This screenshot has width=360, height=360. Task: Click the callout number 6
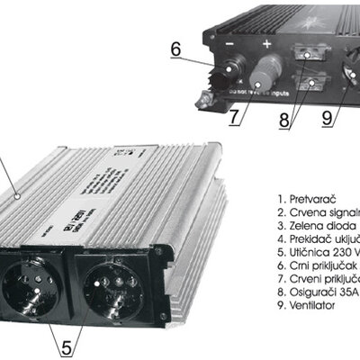tap(177, 49)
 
